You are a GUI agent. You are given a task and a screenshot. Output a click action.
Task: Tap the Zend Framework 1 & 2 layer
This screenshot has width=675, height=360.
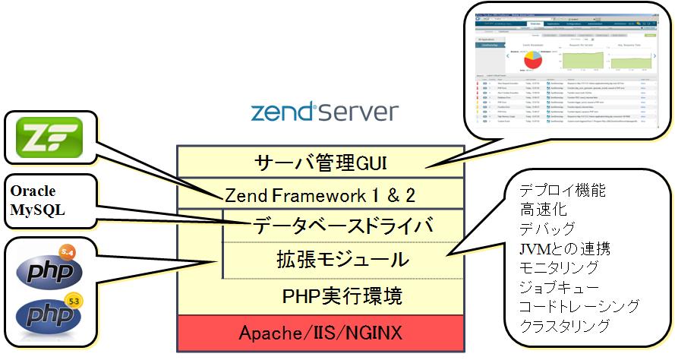pos(320,194)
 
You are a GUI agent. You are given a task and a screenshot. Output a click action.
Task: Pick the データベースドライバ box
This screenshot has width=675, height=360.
pos(342,226)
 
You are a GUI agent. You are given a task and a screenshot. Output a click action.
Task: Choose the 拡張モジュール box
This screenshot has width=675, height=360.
pos(342,260)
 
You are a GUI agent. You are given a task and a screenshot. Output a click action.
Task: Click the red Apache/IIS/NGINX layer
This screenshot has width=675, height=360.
pos(320,332)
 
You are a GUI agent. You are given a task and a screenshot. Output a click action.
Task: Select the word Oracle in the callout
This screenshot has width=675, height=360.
pos(32,191)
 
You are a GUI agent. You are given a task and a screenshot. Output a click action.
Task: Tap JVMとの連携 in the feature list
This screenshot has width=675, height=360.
pos(565,248)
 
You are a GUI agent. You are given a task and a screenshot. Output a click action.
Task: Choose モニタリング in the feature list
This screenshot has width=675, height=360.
pos(558,267)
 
